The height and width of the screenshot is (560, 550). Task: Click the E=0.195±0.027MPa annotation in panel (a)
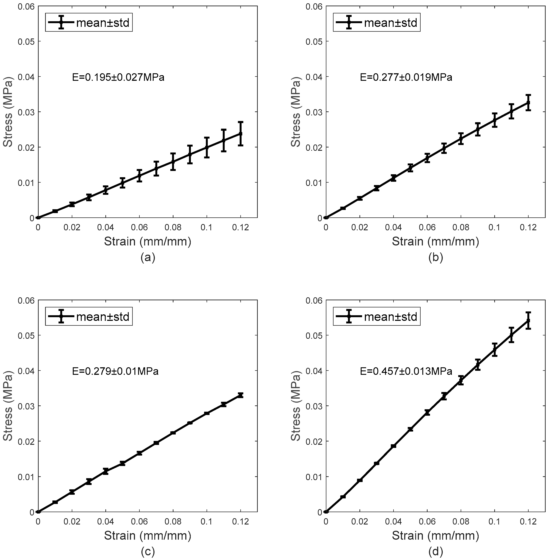click(x=118, y=77)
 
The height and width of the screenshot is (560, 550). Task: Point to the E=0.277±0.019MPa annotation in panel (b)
click(x=406, y=77)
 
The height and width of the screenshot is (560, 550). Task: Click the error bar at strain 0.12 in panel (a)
click(x=241, y=134)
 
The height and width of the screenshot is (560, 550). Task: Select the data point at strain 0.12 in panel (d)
click(x=528, y=320)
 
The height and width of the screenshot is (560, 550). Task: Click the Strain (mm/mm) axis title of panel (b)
click(x=435, y=241)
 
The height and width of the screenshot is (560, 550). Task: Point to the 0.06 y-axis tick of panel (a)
click(x=26, y=6)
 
